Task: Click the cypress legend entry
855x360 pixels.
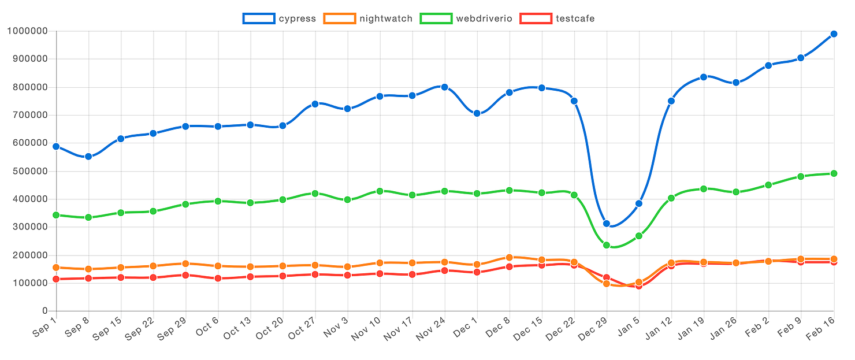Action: click(x=280, y=18)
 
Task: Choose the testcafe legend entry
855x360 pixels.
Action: click(x=557, y=18)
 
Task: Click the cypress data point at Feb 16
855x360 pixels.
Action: click(x=834, y=34)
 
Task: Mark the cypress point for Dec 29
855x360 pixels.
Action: click(x=607, y=224)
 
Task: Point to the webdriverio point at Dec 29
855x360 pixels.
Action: click(x=607, y=245)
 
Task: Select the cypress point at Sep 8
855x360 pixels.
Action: click(x=88, y=157)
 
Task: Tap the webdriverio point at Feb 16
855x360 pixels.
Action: click(x=834, y=173)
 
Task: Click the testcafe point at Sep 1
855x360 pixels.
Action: click(x=56, y=279)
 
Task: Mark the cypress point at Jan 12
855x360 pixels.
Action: click(x=671, y=101)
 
